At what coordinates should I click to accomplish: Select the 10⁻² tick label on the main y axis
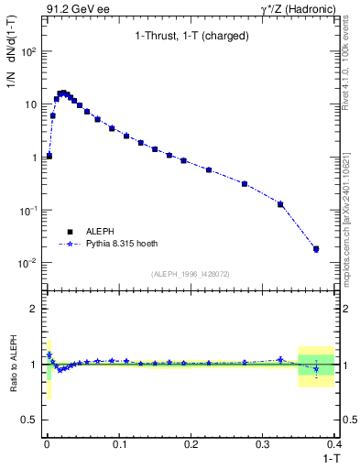(27, 263)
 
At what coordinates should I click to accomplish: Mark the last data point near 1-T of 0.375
(316, 248)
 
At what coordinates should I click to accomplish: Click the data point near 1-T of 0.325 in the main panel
(280, 204)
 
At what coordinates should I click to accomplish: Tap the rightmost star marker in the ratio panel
(316, 369)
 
